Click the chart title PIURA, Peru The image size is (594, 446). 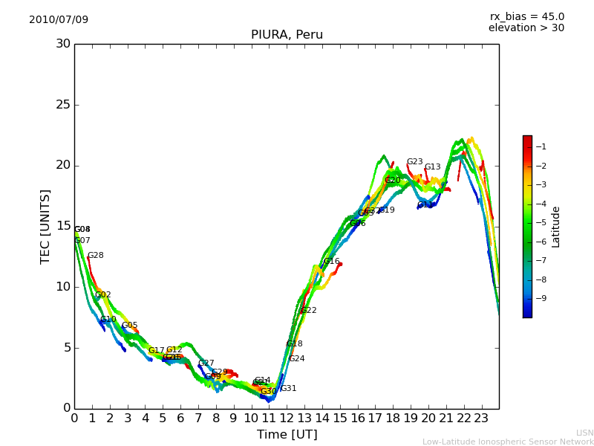pyautogui.click(x=287, y=35)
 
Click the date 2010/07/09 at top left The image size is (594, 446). pyautogui.click(x=59, y=19)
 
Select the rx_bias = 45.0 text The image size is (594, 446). pyautogui.click(x=526, y=16)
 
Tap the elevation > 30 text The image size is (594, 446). pyautogui.click(x=526, y=28)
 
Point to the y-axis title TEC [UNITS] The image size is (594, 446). pyautogui.click(x=45, y=226)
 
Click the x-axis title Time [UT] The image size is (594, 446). pyautogui.click(x=287, y=435)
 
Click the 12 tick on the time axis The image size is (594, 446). pyautogui.click(x=287, y=418)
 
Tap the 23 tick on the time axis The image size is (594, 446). pyautogui.click(x=481, y=418)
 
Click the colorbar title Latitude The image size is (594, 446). pyautogui.click(x=556, y=227)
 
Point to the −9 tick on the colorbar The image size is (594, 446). pyautogui.click(x=541, y=298)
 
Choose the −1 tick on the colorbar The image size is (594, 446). pyautogui.click(x=541, y=147)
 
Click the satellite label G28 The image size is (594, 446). pyautogui.click(x=96, y=256)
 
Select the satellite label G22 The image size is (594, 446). pyautogui.click(x=309, y=311)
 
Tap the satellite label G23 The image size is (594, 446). pyautogui.click(x=414, y=162)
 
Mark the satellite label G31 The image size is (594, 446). pyautogui.click(x=289, y=389)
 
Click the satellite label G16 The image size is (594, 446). pyautogui.click(x=331, y=262)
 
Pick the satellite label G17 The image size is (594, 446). pyautogui.click(x=157, y=351)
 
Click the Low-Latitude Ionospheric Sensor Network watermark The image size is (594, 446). pyautogui.click(x=508, y=442)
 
